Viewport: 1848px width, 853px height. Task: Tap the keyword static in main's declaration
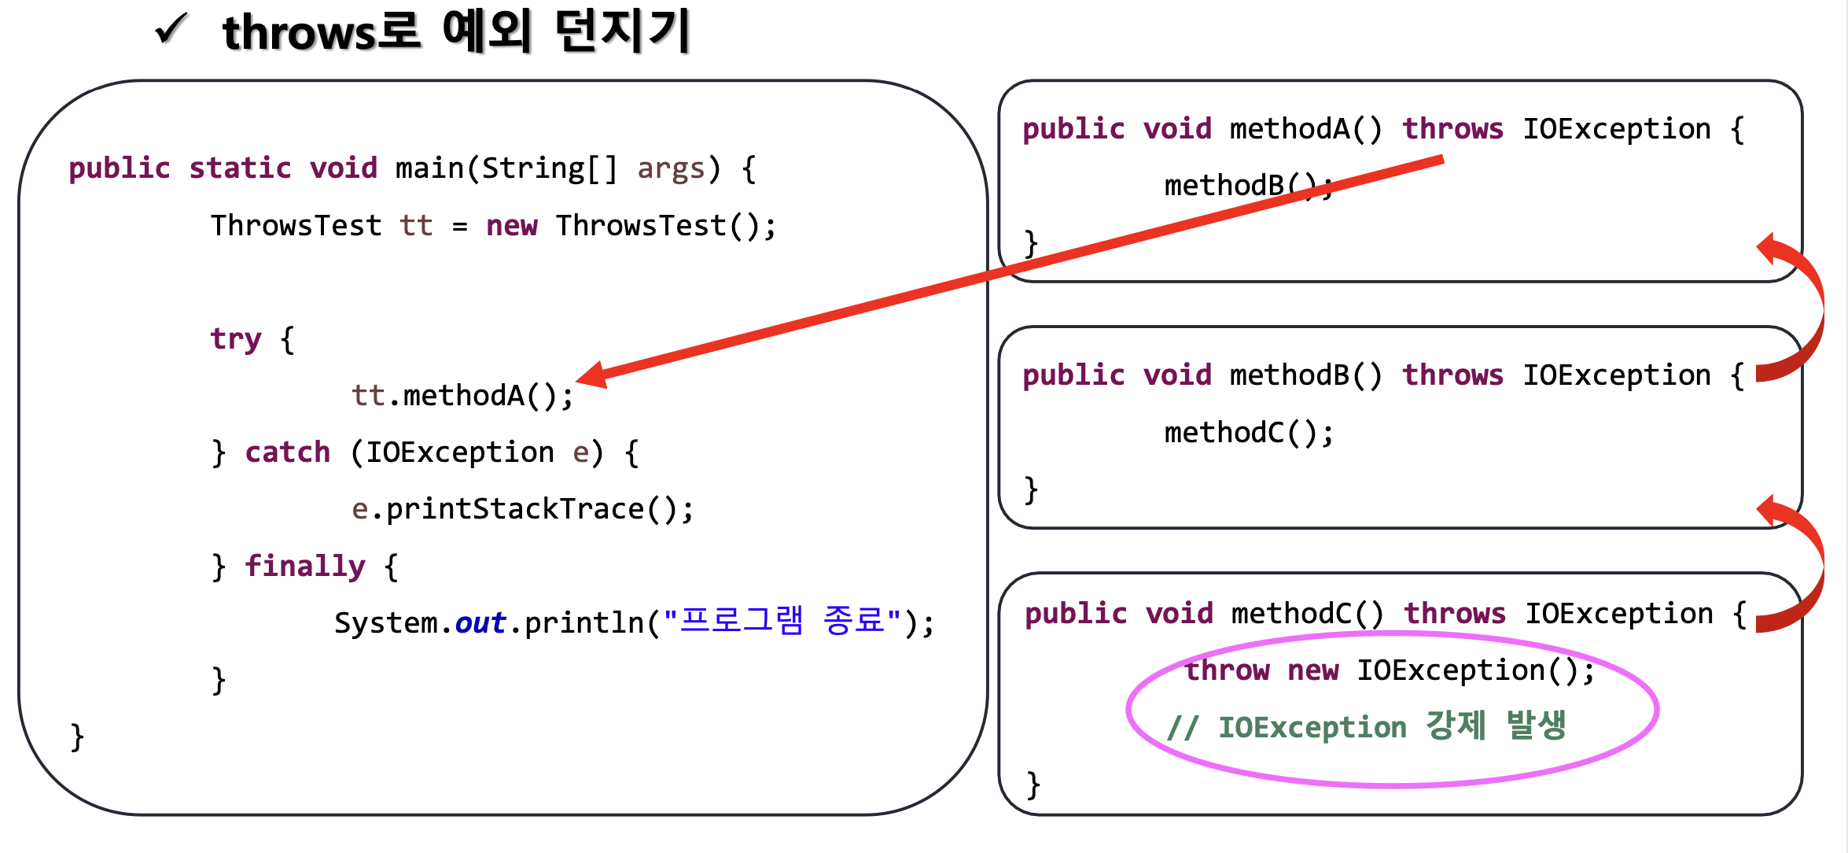click(x=240, y=168)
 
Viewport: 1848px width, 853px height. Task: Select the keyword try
click(x=235, y=339)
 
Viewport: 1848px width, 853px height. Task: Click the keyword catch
click(x=287, y=452)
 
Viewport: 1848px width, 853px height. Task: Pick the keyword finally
click(x=304, y=566)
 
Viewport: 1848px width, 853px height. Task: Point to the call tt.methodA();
click(x=462, y=395)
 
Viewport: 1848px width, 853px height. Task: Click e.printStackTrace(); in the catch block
click(x=522, y=509)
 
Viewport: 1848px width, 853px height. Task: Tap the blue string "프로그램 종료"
click(x=782, y=622)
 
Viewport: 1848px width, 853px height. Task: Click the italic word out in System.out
click(x=480, y=623)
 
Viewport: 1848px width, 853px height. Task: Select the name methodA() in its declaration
click(x=1305, y=129)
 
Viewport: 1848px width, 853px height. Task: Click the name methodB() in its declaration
click(x=1305, y=375)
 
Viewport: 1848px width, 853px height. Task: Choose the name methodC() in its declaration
click(x=1307, y=614)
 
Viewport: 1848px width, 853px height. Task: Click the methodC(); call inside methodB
click(x=1249, y=433)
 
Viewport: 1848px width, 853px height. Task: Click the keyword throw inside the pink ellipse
click(x=1227, y=670)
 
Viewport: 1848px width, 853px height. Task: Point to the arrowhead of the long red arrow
click(x=591, y=375)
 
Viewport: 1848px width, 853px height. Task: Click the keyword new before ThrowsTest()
click(x=511, y=226)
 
